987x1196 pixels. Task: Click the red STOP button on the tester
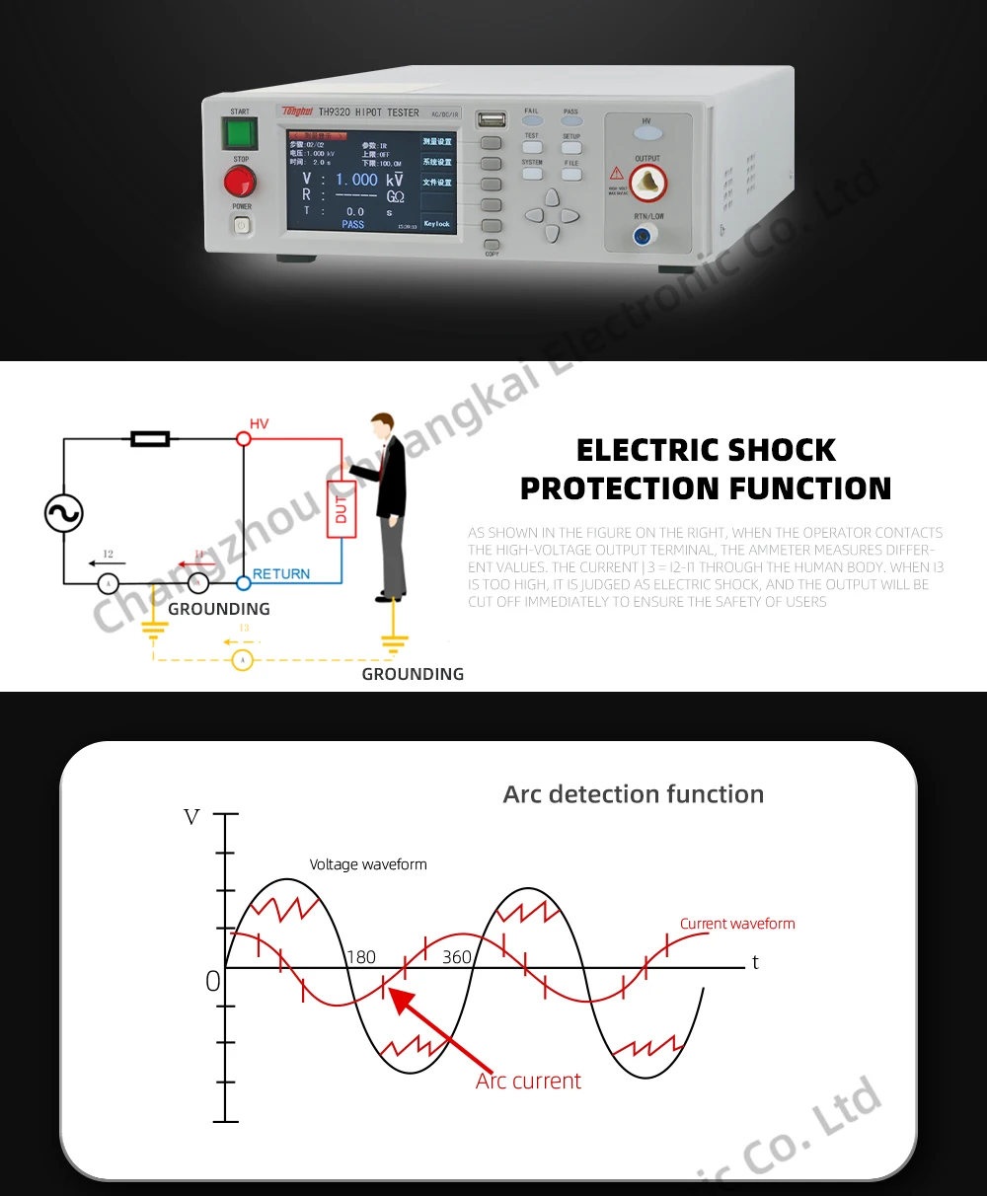click(x=240, y=182)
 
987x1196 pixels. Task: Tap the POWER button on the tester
click(x=242, y=226)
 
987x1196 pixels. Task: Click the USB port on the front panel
click(x=491, y=119)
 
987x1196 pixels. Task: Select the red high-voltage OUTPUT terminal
click(x=648, y=183)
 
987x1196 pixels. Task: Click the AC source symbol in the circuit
click(x=64, y=513)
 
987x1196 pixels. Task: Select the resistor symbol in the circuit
click(x=150, y=438)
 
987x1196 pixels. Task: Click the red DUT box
click(x=342, y=509)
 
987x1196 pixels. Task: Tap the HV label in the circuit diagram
click(x=259, y=424)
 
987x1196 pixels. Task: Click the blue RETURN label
click(x=281, y=574)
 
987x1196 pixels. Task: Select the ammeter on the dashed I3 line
click(x=243, y=660)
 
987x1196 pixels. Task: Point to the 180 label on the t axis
click(x=361, y=957)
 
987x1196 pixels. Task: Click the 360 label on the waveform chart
click(x=456, y=957)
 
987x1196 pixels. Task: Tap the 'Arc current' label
click(x=529, y=1082)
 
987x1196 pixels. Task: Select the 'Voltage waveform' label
click(x=368, y=864)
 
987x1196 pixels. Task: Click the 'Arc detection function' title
click(x=634, y=794)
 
